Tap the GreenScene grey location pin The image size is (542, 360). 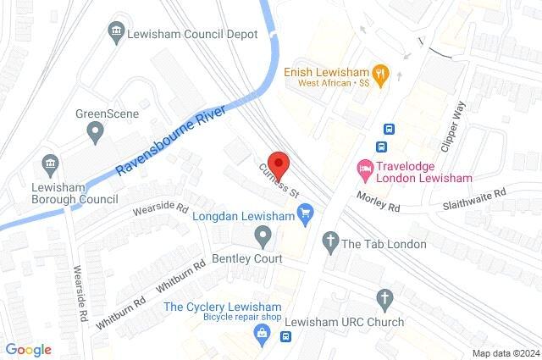click(x=96, y=131)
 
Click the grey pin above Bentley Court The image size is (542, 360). click(x=263, y=235)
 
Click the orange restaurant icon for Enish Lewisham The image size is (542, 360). click(x=382, y=73)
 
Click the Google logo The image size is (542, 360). click(x=29, y=350)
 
